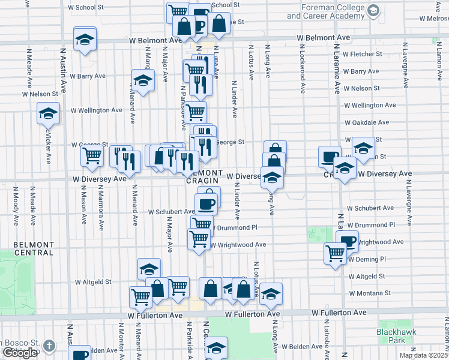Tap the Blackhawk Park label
[x=392, y=335]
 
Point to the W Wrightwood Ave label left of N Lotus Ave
[x=238, y=245]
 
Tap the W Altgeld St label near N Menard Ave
[x=93, y=281]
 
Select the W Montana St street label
[x=370, y=293]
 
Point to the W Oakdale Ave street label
[x=367, y=122]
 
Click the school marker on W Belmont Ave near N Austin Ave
[x=85, y=40]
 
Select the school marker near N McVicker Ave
[x=48, y=112]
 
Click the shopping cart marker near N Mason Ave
[x=92, y=155]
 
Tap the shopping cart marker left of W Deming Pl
[x=335, y=252]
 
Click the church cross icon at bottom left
[x=49, y=346]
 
